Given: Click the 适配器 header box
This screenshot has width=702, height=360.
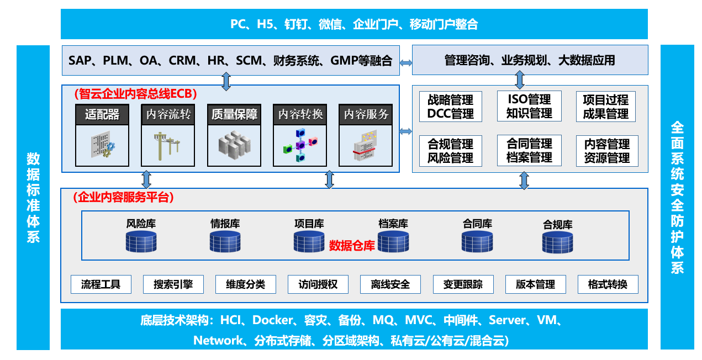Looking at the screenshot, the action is coord(102,115).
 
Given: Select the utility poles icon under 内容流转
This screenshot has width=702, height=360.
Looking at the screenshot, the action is coord(167,146).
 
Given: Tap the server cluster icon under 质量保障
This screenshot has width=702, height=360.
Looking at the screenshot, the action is coord(234,145).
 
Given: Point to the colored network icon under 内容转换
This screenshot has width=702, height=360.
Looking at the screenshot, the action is coord(300,145).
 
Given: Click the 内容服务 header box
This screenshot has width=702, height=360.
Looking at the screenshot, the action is coord(366,115).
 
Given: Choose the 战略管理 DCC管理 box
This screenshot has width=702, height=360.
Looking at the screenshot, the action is coord(450,107).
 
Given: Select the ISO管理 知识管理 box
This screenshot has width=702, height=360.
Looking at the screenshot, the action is coord(529,106).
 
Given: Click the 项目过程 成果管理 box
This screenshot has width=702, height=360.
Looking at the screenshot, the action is coord(605,107).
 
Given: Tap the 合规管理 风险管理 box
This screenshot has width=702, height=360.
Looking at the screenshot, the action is coord(450,151).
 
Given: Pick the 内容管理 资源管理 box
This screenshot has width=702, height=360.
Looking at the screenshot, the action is coord(607,151).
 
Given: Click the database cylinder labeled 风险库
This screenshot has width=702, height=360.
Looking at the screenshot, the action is coord(141,242).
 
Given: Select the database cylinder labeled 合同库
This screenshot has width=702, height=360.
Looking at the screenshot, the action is coord(477,242).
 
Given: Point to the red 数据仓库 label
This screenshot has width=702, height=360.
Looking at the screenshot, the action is coord(352,246).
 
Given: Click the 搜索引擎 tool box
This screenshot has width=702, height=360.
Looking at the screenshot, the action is coord(173,284).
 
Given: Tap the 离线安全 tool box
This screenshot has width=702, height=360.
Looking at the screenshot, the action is coord(390,284).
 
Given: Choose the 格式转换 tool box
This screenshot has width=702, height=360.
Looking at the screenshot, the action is coord(608,284).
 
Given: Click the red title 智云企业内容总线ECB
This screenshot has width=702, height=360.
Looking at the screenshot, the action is coord(136,94).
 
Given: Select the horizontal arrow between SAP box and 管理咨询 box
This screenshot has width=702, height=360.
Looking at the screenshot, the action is coord(406,63).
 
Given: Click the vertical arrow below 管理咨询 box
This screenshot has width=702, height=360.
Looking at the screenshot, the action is coord(520,80).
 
